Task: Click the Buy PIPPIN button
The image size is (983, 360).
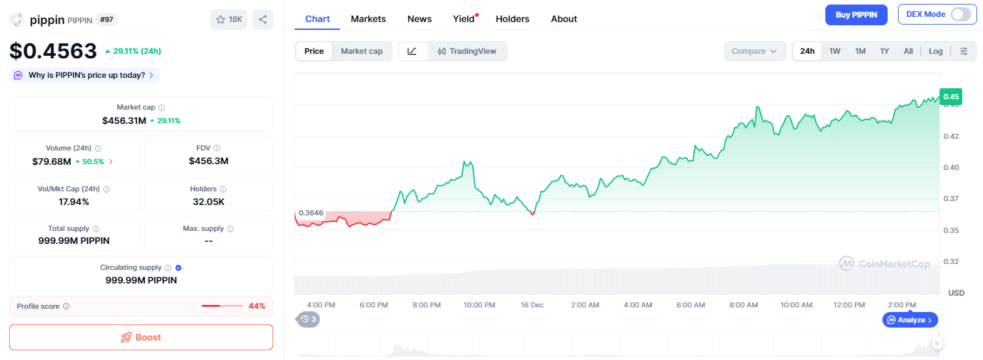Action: pyautogui.click(x=856, y=15)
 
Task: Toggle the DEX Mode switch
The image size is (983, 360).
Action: pyautogui.click(x=961, y=14)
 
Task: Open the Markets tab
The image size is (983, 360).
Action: pyautogui.click(x=368, y=19)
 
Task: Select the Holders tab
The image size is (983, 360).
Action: pyautogui.click(x=512, y=19)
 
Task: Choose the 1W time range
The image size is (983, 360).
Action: pyautogui.click(x=834, y=51)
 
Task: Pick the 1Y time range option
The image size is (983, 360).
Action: pyautogui.click(x=884, y=51)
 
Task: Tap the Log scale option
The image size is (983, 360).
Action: pyautogui.click(x=936, y=51)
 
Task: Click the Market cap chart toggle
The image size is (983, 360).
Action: pyautogui.click(x=361, y=51)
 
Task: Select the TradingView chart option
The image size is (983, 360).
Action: pyautogui.click(x=467, y=51)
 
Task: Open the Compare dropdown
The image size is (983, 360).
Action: pyautogui.click(x=755, y=51)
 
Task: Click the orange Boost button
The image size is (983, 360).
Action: pyautogui.click(x=141, y=337)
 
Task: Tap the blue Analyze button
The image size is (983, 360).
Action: pyautogui.click(x=910, y=320)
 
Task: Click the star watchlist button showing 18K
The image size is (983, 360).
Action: pyautogui.click(x=228, y=19)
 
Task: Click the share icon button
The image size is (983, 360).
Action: pyautogui.click(x=262, y=19)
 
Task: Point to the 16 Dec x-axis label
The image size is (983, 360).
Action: pyautogui.click(x=532, y=305)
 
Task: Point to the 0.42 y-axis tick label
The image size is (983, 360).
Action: pyautogui.click(x=951, y=136)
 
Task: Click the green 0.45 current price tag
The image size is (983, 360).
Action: pyautogui.click(x=951, y=97)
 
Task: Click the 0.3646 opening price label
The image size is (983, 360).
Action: pyautogui.click(x=311, y=213)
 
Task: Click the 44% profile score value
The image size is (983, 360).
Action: pyautogui.click(x=257, y=306)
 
